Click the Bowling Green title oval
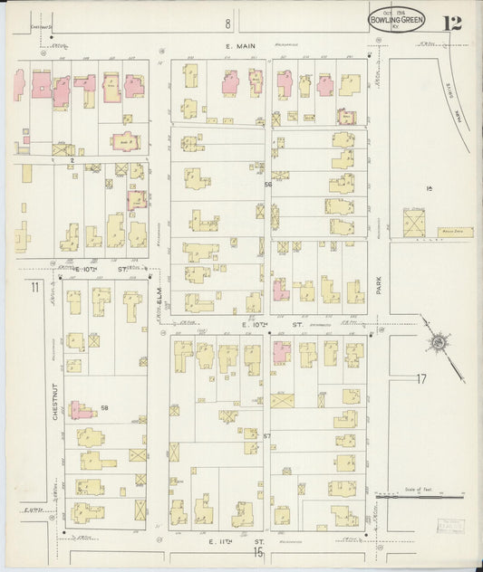tap(397, 17)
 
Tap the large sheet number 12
tap(451, 22)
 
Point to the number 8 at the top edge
tap(228, 24)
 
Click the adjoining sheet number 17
tap(420, 378)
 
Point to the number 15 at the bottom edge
tap(258, 551)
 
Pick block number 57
tap(266, 437)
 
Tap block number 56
tap(267, 185)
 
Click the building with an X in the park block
tap(414, 223)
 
